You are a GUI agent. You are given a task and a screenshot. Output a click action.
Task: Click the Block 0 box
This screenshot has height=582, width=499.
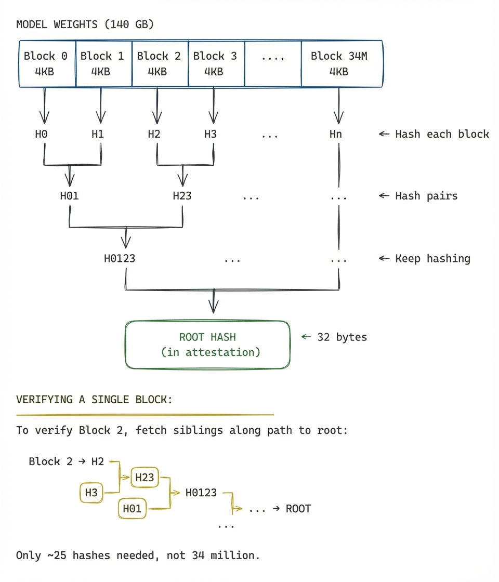click(x=46, y=63)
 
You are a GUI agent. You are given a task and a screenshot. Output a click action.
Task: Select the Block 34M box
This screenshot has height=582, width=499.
click(x=339, y=63)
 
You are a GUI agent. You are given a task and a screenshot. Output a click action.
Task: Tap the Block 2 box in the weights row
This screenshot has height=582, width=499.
click(x=159, y=63)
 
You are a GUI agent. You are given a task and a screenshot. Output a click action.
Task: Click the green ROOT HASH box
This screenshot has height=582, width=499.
click(x=207, y=345)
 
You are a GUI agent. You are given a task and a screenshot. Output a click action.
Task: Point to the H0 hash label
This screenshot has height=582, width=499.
click(x=42, y=134)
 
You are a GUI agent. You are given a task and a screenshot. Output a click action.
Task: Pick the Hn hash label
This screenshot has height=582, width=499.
click(x=336, y=134)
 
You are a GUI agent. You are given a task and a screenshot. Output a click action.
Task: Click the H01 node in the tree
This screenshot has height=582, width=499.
click(x=69, y=196)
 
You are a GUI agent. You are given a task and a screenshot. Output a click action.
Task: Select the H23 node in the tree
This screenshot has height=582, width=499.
click(x=182, y=196)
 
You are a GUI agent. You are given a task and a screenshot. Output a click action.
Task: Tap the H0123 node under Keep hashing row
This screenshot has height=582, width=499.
click(x=120, y=258)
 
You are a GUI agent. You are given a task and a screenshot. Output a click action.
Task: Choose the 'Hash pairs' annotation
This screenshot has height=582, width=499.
click(x=426, y=196)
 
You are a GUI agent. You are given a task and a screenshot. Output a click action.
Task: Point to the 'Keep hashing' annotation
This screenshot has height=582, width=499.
click(x=432, y=258)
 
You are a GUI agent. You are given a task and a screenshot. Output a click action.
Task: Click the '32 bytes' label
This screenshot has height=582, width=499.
click(x=342, y=337)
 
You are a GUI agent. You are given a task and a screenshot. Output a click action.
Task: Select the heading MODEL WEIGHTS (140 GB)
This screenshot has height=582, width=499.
click(x=85, y=24)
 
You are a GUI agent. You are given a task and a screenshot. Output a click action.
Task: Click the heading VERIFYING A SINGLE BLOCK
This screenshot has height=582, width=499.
click(x=94, y=399)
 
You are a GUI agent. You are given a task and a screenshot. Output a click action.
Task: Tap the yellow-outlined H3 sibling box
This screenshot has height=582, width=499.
click(x=91, y=493)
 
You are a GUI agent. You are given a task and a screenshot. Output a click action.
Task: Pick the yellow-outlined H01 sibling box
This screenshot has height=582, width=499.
click(x=132, y=509)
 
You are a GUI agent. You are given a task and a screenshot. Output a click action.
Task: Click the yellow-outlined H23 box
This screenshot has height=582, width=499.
click(x=145, y=477)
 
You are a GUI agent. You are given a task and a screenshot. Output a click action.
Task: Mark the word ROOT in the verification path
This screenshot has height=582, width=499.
click(x=298, y=509)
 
